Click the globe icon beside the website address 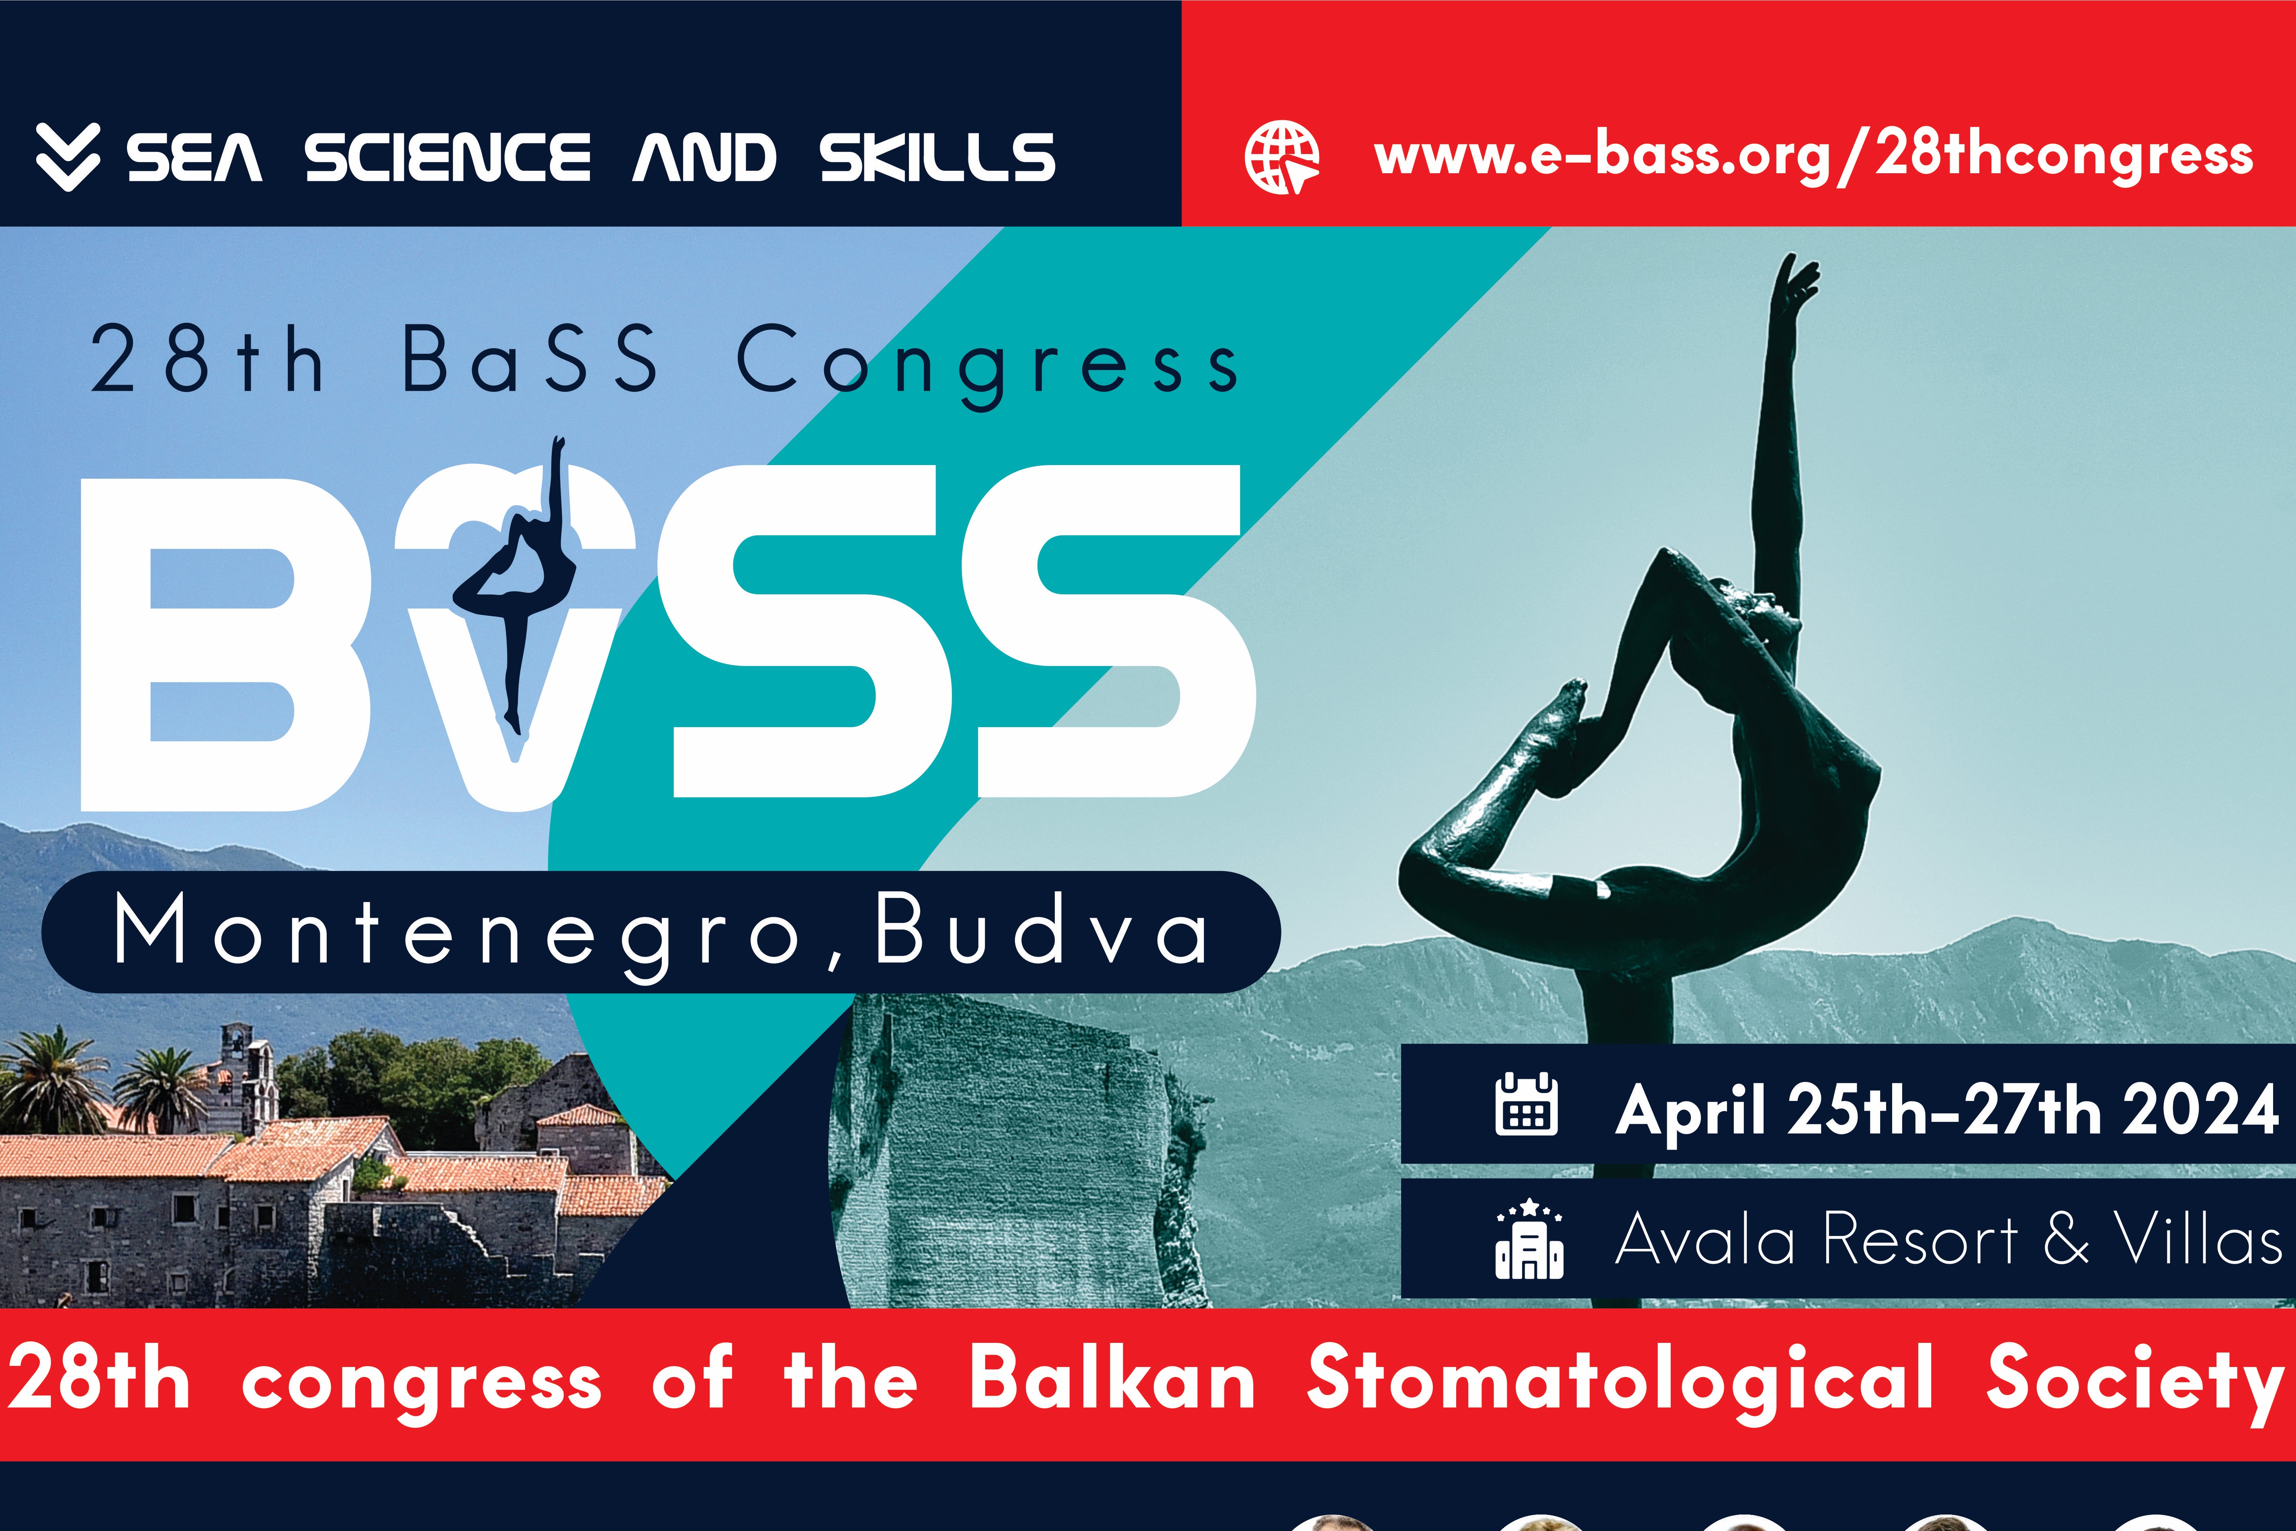(x=1282, y=157)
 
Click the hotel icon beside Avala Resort (x=1529, y=1238)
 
